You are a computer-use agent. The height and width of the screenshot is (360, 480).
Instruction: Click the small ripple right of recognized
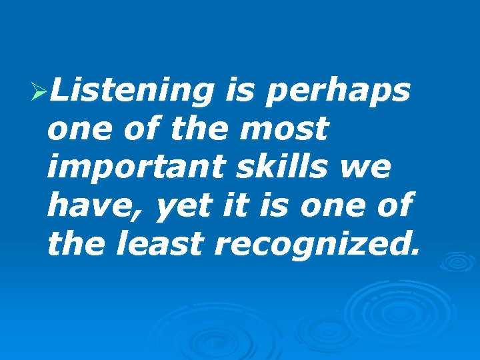[456, 262]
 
